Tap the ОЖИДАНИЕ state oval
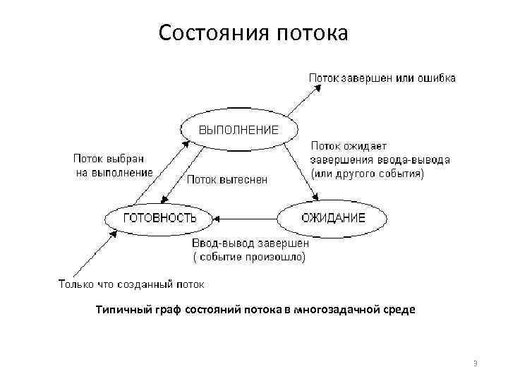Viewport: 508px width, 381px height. pyautogui.click(x=333, y=217)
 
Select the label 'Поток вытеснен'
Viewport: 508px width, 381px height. pyautogui.click(x=227, y=179)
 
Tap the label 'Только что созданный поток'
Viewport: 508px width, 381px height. pyautogui.click(x=131, y=285)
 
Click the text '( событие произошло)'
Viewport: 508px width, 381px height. pyautogui.click(x=249, y=258)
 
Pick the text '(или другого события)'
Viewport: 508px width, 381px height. pyautogui.click(x=367, y=173)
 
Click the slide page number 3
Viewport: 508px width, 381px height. pyautogui.click(x=476, y=363)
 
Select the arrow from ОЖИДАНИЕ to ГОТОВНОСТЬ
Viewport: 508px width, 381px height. pyautogui.click(x=247, y=218)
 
